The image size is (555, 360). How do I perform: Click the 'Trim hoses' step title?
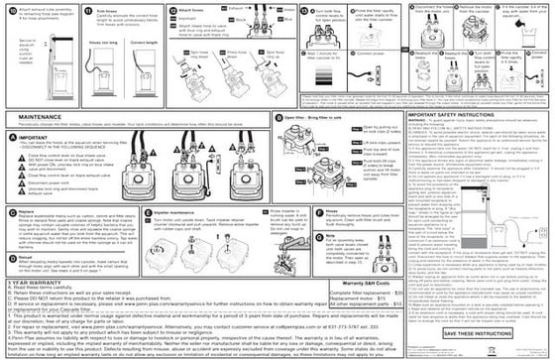113,7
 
